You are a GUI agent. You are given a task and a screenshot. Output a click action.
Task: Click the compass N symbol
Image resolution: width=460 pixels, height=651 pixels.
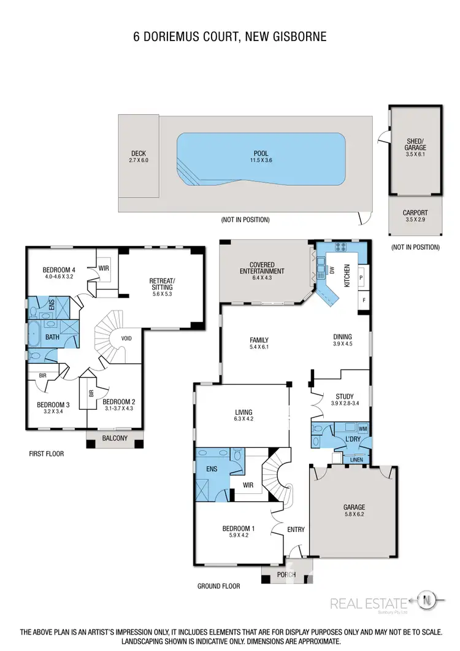pyautogui.click(x=428, y=599)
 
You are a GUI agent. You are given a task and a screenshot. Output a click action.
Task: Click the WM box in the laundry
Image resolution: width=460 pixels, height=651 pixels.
pyautogui.click(x=362, y=428)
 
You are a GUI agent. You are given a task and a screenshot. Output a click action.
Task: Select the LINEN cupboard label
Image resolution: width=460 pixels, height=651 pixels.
pyautogui.click(x=357, y=459)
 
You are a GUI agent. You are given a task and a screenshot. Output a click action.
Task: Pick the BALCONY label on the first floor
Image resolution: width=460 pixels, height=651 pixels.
pyautogui.click(x=115, y=438)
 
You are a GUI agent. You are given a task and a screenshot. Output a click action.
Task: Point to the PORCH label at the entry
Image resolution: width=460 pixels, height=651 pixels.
pyautogui.click(x=286, y=574)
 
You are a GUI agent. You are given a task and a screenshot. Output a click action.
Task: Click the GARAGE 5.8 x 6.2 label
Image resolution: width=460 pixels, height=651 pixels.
pyautogui.click(x=354, y=510)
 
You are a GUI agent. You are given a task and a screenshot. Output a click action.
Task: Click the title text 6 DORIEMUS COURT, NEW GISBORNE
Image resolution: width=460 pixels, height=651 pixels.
pyautogui.click(x=230, y=37)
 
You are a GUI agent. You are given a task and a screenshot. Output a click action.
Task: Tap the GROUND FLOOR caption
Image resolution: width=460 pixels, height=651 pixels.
pyautogui.click(x=218, y=586)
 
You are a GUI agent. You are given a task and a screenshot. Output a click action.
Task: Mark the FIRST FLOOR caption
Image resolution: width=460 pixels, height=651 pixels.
pyautogui.click(x=46, y=454)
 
